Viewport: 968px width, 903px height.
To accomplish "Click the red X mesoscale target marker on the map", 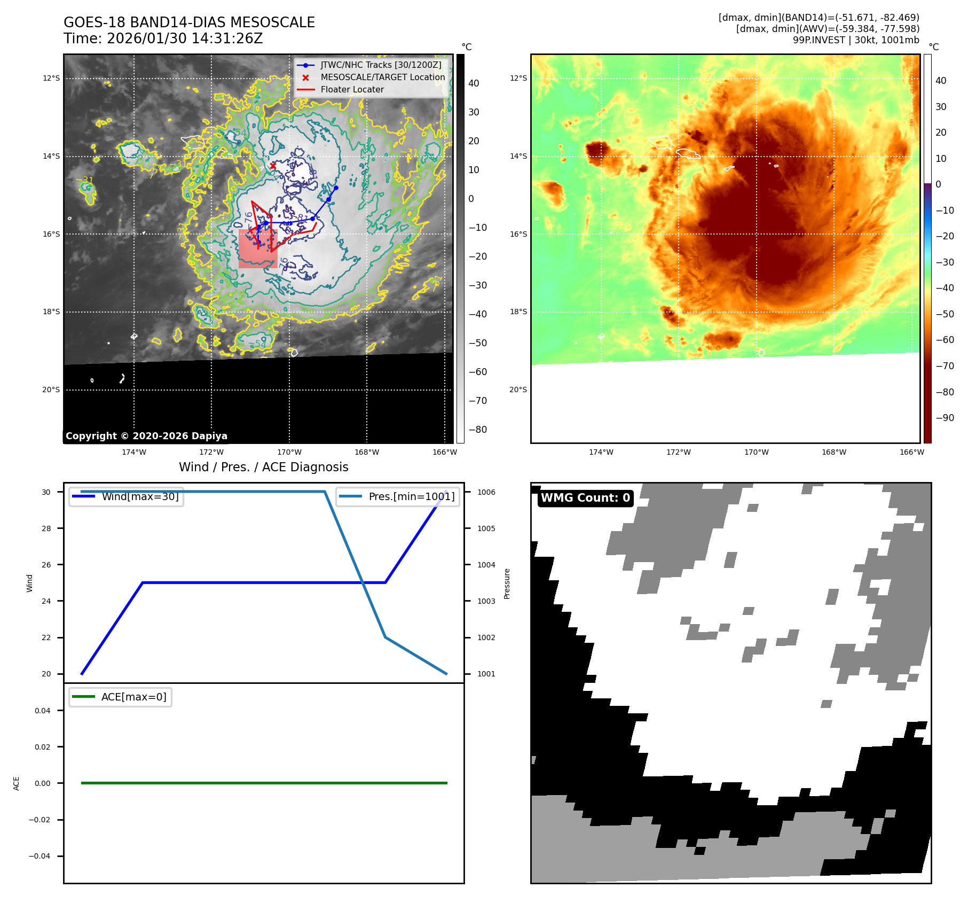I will [x=273, y=166].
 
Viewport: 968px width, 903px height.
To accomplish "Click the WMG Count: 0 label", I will [x=585, y=498].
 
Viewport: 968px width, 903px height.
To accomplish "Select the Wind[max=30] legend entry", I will [x=140, y=496].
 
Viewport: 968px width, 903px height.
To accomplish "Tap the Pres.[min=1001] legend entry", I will [x=411, y=496].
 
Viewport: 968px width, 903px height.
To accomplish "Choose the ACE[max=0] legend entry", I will [x=133, y=697].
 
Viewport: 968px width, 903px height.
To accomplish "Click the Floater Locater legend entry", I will [x=352, y=90].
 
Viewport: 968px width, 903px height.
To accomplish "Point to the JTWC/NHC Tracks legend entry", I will [x=381, y=65].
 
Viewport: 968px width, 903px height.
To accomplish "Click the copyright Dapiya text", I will [x=146, y=436].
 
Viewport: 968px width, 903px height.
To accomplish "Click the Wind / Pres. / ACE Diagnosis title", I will [x=263, y=467].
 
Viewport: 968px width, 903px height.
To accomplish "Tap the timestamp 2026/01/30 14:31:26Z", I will [x=184, y=38].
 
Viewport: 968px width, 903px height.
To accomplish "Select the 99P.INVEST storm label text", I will [x=819, y=40].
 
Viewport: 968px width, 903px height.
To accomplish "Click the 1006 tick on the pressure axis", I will [x=486, y=492].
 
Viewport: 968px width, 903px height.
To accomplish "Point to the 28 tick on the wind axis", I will [x=46, y=528].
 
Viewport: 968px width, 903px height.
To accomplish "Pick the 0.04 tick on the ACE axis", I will [x=43, y=711].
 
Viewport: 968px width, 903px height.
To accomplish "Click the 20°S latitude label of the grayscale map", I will [x=51, y=390].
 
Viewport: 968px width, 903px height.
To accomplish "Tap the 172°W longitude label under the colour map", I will [x=678, y=452].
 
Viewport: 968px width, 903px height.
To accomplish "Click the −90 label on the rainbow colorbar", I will [x=945, y=418].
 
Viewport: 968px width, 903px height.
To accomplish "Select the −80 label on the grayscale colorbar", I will [x=477, y=430].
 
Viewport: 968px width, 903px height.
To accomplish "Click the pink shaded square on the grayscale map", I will [x=257, y=249].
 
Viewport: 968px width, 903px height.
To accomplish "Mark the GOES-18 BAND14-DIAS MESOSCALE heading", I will [x=189, y=22].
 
